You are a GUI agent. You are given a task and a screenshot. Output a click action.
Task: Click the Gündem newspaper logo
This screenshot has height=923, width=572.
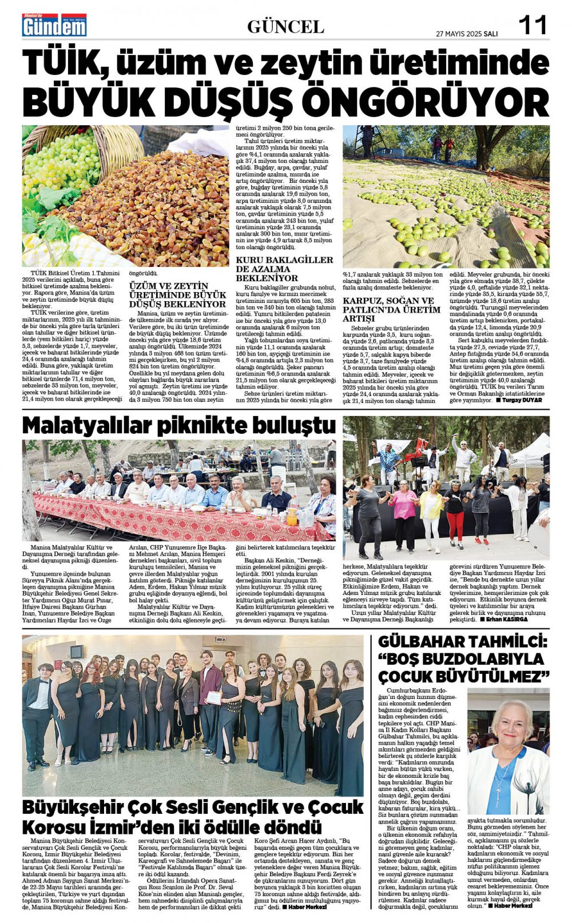click(54, 25)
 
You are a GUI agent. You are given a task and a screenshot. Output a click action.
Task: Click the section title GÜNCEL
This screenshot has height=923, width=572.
click(285, 26)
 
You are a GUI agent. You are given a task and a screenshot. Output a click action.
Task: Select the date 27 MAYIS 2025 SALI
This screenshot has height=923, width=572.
click(466, 34)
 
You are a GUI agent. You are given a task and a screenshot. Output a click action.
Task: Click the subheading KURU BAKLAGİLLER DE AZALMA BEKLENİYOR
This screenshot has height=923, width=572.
click(284, 269)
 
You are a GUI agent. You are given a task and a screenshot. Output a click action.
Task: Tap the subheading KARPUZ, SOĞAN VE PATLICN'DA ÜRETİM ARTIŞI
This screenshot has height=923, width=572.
click(391, 309)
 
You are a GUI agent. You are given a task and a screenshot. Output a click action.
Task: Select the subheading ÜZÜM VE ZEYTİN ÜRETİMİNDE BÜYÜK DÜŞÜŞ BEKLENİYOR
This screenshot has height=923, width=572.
click(177, 294)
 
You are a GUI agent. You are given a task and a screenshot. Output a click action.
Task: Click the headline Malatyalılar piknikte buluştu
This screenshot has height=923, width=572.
click(178, 426)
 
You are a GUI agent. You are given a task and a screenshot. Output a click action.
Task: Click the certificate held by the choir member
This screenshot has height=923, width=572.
click(213, 698)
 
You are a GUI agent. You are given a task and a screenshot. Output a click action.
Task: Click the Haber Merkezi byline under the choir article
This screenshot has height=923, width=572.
click(306, 907)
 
